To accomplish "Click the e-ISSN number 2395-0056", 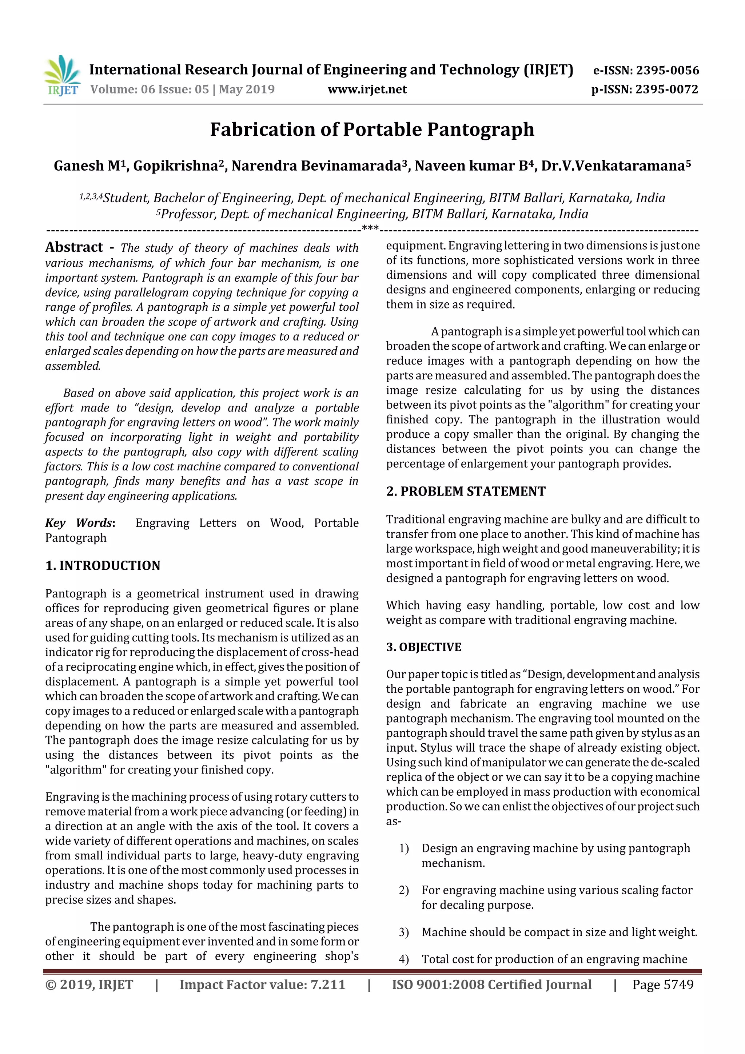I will click(667, 71).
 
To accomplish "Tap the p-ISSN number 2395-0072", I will click(666, 90).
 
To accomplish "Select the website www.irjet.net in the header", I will click(367, 90).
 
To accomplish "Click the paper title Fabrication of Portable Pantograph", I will click(372, 130).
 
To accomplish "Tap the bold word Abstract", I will click(74, 247).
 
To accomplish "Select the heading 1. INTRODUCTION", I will click(103, 565).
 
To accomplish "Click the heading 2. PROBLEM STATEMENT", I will click(466, 492).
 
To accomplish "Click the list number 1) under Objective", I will click(403, 848).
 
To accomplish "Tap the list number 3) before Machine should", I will click(403, 932).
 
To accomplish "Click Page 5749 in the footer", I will click(662, 985).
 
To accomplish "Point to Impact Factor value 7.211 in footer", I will click(262, 985).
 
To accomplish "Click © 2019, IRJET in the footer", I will click(89, 985).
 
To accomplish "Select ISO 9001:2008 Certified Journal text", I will click(491, 985).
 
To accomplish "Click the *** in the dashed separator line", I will click(370, 228).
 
